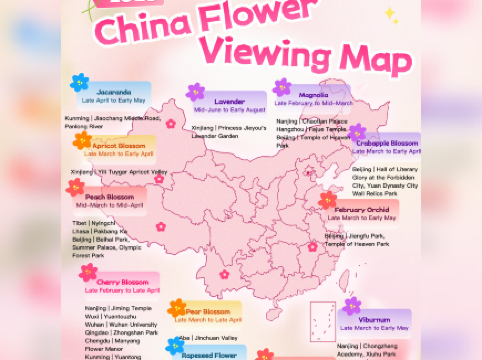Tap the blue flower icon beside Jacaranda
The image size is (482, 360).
pyautogui.click(x=80, y=83)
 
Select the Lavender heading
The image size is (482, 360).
pyautogui.click(x=228, y=101)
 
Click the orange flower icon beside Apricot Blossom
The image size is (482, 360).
pyautogui.click(x=82, y=141)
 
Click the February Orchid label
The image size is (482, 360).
pyautogui.click(x=365, y=209)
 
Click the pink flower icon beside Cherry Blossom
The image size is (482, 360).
pyautogui.click(x=88, y=272)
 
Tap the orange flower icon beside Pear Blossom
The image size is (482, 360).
pyautogui.click(x=178, y=308)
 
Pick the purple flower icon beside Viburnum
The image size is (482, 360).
pyautogui.click(x=352, y=306)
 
